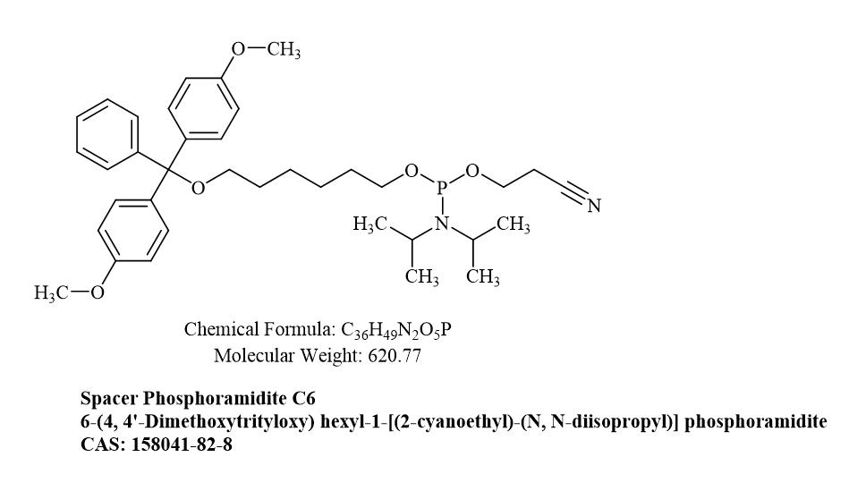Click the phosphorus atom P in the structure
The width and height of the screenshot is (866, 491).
(442, 190)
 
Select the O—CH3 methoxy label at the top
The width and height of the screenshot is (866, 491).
(266, 49)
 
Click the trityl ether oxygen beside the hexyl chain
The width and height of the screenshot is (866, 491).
(198, 188)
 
